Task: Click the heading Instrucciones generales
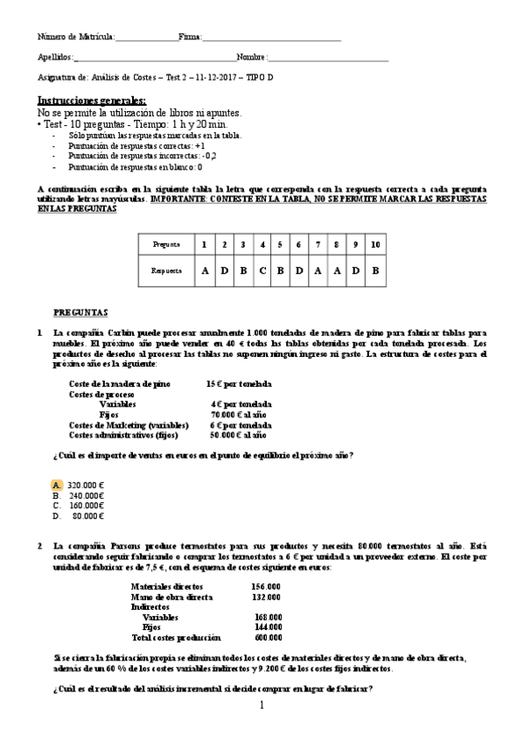pyautogui.click(x=92, y=101)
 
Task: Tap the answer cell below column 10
pyautogui.click(x=374, y=270)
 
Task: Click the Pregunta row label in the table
pyautogui.click(x=166, y=244)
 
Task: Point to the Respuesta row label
pyautogui.click(x=166, y=270)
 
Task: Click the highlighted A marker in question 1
pyautogui.click(x=57, y=485)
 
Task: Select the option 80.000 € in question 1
pyautogui.click(x=88, y=516)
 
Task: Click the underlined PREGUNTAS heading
pyautogui.click(x=80, y=311)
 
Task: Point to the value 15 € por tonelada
pyautogui.click(x=238, y=384)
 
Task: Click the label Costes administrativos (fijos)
pyautogui.click(x=122, y=434)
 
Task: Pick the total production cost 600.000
pyautogui.click(x=266, y=638)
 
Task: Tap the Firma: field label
pyautogui.click(x=190, y=38)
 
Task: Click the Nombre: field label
pyautogui.click(x=251, y=57)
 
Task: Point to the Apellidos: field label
pyautogui.click(x=56, y=57)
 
